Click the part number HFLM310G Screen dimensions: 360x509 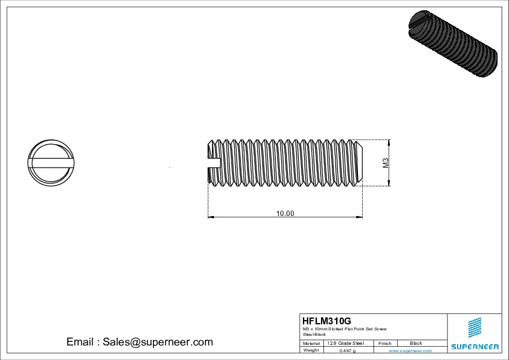coord(326,321)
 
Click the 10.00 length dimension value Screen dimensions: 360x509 coord(285,213)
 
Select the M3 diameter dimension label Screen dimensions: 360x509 coord(385,163)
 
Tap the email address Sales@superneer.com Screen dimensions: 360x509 coord(140,342)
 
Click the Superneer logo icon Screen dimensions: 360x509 coord(475,328)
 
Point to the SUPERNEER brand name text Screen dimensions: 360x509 coord(475,347)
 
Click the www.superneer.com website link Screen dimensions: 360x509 coord(410,350)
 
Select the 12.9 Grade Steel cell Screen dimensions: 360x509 coord(345,343)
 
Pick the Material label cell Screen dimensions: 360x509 coord(311,343)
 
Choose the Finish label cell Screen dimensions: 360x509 coord(385,343)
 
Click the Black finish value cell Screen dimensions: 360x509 coord(416,343)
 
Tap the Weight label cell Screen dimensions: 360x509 coord(311,350)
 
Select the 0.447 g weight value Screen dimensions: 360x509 coord(348,350)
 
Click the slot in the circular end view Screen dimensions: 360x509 coord(51,162)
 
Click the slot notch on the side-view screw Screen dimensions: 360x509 coord(214,162)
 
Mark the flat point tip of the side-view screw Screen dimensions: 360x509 coord(361,162)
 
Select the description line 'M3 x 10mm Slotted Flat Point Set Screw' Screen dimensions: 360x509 coord(345,329)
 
